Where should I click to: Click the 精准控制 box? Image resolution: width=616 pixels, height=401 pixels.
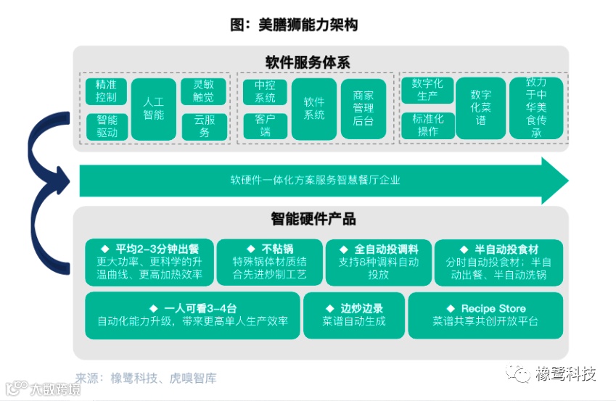107,91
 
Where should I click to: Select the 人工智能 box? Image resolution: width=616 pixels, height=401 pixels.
153,109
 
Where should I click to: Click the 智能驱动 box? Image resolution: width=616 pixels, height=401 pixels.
107,126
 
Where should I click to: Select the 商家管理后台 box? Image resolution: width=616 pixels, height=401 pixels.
364,109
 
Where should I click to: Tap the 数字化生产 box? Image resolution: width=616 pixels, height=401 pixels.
427,91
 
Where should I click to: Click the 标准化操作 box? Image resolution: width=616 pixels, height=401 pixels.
427,126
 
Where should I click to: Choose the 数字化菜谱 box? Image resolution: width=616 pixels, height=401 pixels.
480,109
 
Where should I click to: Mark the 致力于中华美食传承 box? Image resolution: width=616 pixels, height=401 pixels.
536,109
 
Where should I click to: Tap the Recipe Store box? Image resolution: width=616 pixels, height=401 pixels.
485,315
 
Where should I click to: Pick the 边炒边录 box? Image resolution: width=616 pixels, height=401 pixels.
353,315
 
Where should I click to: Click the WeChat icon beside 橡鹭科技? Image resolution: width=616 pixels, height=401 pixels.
520,373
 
